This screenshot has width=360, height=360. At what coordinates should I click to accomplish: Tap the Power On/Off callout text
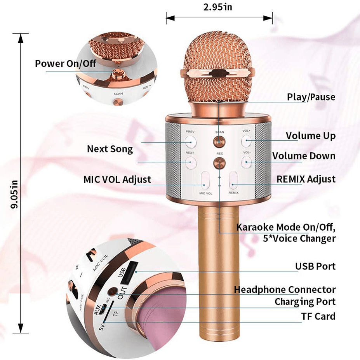[65, 63]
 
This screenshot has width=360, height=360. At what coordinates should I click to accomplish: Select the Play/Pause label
[311, 97]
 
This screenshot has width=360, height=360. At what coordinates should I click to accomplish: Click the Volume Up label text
[311, 136]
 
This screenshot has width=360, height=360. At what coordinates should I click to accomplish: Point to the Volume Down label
[304, 156]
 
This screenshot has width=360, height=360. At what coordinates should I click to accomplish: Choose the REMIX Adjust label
[306, 179]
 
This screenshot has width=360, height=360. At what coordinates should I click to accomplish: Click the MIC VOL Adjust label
[117, 179]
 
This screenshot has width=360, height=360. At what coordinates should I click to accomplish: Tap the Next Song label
[110, 149]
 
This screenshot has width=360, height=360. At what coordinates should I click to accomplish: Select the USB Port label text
[315, 266]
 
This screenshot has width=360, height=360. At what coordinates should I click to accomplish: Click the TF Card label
[318, 316]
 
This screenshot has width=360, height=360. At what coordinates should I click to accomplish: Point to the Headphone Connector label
[285, 290]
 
